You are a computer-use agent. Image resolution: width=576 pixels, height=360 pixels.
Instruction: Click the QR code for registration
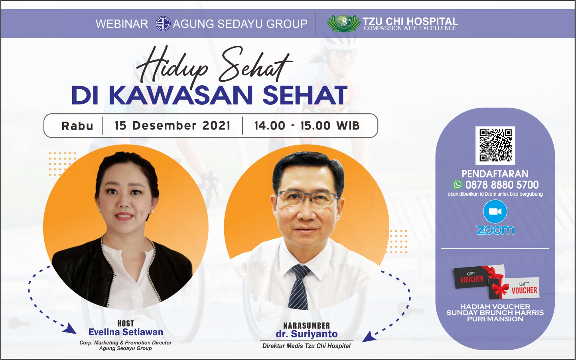[x=495, y=145]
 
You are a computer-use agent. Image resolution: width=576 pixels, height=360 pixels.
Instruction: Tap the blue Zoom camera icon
[x=495, y=212]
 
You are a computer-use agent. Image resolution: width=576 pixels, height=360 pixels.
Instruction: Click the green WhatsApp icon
[x=457, y=185]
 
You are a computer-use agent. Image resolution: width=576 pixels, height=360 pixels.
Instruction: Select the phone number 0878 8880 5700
[x=502, y=185]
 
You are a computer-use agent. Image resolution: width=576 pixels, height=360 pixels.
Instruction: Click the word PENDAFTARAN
[x=495, y=174]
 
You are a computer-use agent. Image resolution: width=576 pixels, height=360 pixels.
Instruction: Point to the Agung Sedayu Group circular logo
[x=163, y=24]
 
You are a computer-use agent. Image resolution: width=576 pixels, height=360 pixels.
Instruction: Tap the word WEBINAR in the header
[x=122, y=24]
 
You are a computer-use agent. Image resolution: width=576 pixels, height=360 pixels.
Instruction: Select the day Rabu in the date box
[x=77, y=126]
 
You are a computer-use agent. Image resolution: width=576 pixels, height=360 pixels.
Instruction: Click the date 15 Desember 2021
[x=172, y=126]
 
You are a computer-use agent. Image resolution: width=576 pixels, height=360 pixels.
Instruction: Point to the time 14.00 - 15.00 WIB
[x=307, y=126]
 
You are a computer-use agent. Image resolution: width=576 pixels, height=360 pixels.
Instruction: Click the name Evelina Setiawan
[x=126, y=332]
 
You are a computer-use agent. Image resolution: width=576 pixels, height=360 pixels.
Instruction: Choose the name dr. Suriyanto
[x=306, y=334]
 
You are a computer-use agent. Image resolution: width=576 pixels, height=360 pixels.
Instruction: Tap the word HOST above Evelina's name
[x=125, y=323]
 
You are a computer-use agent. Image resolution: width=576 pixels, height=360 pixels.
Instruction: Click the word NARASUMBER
[x=306, y=326]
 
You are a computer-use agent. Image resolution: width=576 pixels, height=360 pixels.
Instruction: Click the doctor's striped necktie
[x=299, y=287]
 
